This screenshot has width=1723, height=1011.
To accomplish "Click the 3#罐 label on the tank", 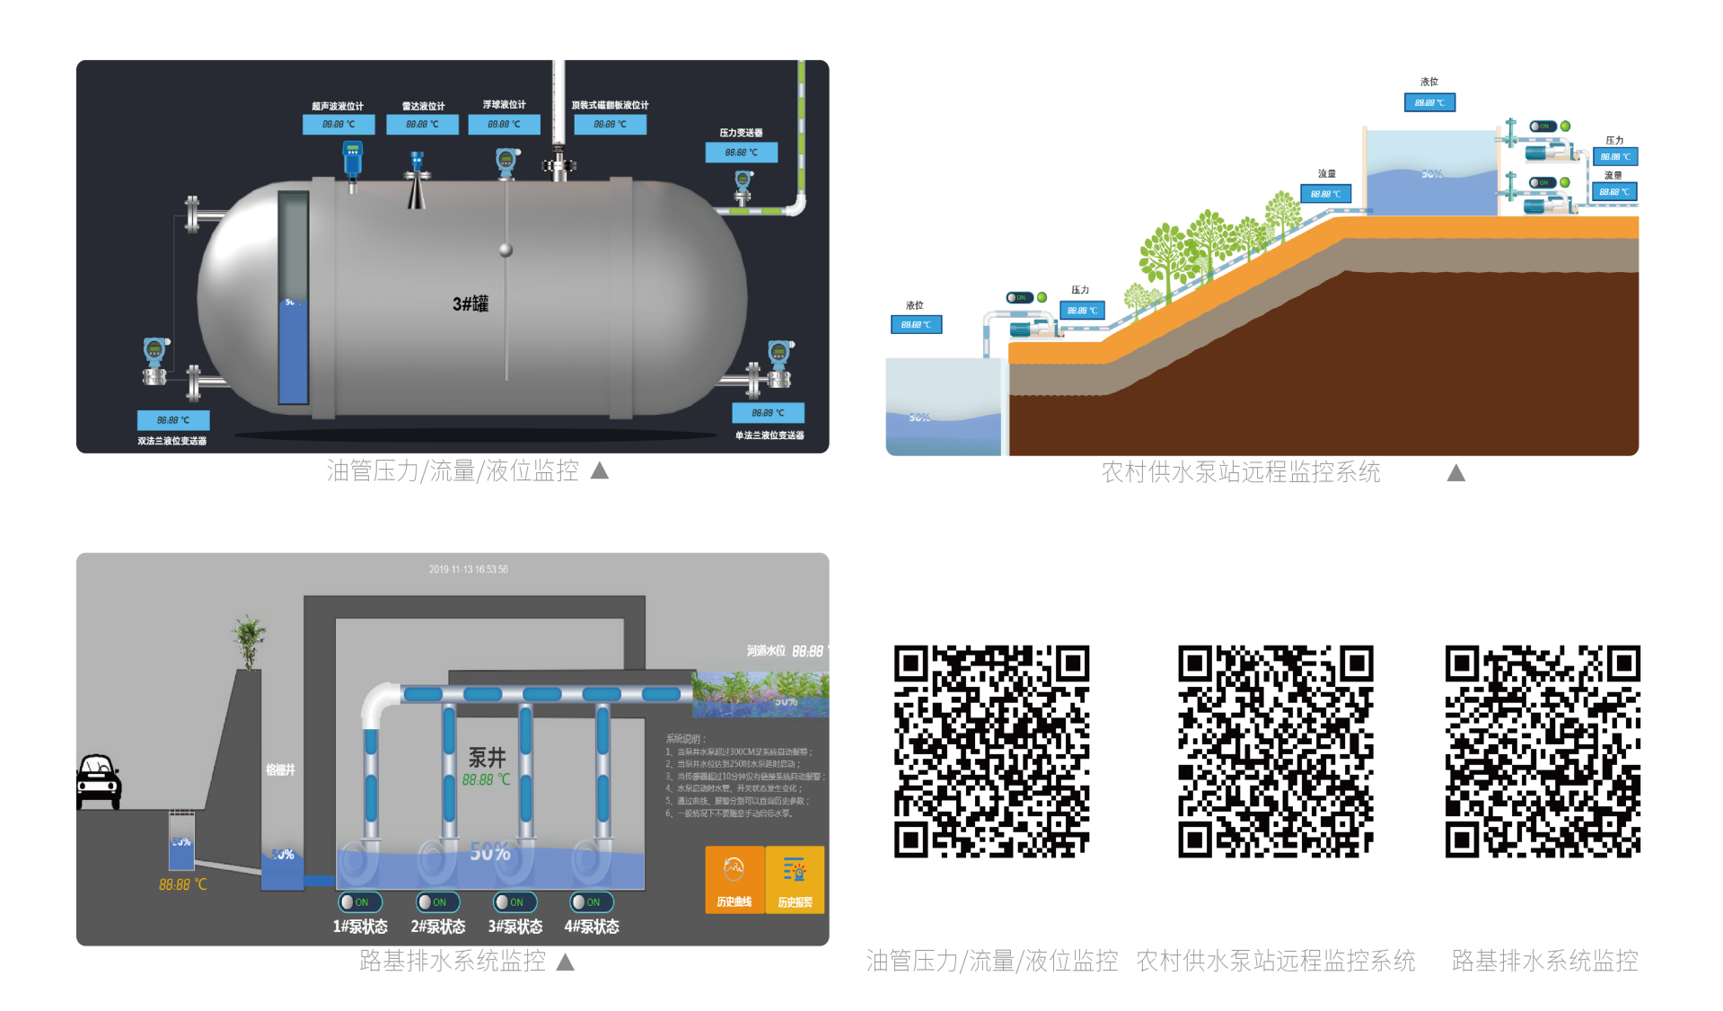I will coord(470,303).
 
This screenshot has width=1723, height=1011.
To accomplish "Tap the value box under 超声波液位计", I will coord(338,124).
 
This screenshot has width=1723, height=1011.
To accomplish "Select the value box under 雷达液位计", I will coord(422,124).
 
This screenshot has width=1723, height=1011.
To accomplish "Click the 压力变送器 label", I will coord(741,133).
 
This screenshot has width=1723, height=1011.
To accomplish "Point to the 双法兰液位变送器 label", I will coord(171,441).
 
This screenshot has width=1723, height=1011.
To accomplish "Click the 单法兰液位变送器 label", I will coord(769,435).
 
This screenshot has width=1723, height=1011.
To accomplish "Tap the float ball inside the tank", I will coord(506,251).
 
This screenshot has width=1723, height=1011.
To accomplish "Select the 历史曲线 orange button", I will coord(734,880).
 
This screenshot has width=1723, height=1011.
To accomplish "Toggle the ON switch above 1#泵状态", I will coord(360,902).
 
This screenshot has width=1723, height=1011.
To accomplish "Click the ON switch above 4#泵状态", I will coord(592,902).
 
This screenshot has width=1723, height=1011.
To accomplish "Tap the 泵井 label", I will coord(488,757).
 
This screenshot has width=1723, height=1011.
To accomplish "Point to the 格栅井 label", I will coord(280,769).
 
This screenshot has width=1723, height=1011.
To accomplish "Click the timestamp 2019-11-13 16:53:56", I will coord(468,569).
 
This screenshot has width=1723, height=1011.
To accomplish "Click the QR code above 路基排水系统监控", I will coord(1543,752).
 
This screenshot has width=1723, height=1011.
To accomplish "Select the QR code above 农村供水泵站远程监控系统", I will coord(1275,752).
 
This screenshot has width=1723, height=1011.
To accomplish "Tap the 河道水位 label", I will coord(766,651).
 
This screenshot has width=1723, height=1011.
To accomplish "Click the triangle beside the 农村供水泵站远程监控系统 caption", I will coord(1455,473).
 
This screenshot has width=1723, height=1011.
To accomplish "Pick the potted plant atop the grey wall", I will coord(249,640).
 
